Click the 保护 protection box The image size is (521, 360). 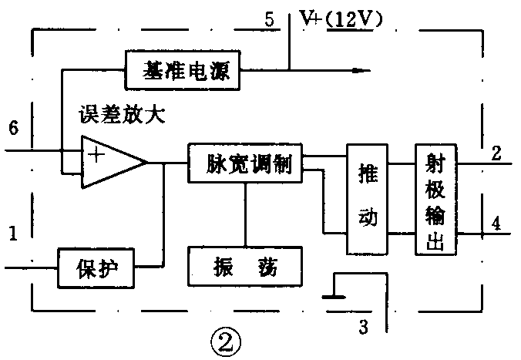point(96,267)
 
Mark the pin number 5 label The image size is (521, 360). point(269,19)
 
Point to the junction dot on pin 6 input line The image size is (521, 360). point(62,150)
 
